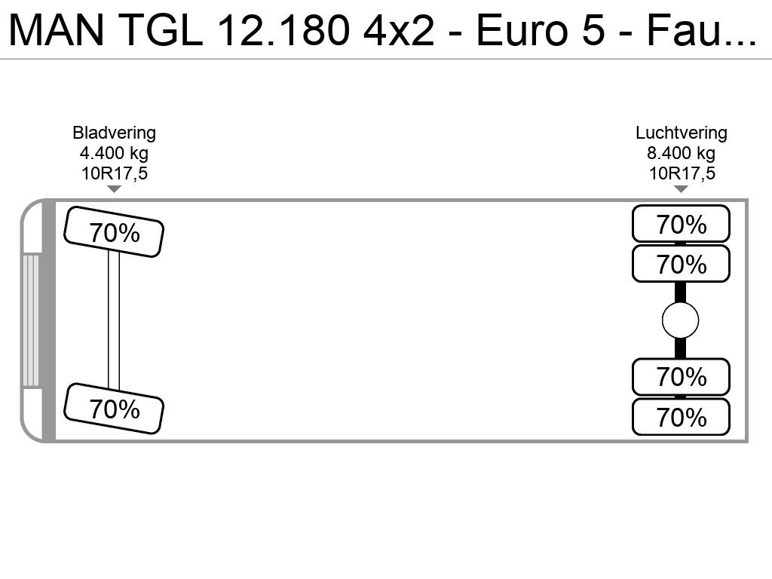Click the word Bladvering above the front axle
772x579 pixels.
click(115, 133)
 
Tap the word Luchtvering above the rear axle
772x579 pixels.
click(682, 133)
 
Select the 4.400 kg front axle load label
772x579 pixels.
click(115, 153)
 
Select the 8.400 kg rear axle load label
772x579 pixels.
click(682, 153)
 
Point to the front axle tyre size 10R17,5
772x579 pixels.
click(115, 173)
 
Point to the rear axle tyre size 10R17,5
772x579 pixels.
click(682, 173)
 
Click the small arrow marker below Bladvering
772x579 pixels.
click(115, 189)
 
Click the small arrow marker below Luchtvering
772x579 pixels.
click(681, 189)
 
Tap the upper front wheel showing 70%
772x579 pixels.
click(114, 232)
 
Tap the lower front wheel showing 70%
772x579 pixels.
click(114, 409)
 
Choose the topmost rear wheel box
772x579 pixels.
click(681, 223)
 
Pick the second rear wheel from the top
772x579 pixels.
click(681, 264)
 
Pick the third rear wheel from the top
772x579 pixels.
click(681, 377)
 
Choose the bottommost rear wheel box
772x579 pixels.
click(681, 417)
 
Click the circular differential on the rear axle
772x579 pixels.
click(681, 320)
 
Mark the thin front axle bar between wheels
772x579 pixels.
click(114, 320)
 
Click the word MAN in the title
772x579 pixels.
click(57, 30)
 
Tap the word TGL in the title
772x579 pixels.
click(161, 30)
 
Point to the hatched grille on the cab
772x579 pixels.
click(31, 320)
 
